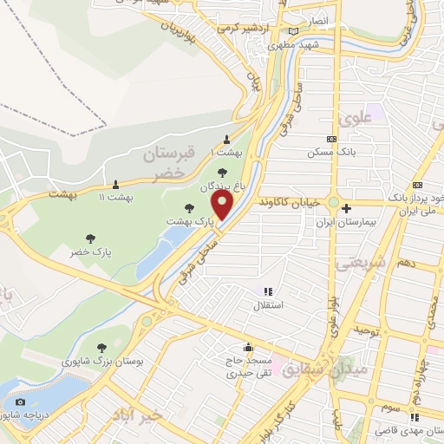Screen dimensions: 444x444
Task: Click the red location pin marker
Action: (223, 206)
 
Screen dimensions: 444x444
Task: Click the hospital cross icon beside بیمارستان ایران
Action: (346, 208)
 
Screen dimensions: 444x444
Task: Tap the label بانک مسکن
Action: (332, 153)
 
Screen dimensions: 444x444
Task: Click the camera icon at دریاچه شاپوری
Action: (20, 402)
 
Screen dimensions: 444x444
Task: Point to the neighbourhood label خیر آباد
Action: (136, 416)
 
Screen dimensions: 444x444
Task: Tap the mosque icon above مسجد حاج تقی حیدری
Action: (249, 347)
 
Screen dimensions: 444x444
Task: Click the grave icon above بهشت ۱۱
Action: (115, 184)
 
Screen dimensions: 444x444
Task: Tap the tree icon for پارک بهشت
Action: (191, 208)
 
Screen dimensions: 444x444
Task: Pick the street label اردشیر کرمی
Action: (239, 27)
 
